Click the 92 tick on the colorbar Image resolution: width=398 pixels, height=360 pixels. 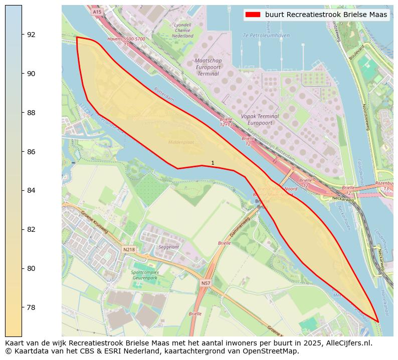click(22, 35)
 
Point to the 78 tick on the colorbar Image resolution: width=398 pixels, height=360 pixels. click(22, 307)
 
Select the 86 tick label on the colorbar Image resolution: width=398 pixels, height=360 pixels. click(31, 152)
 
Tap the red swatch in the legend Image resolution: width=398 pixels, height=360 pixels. click(253, 15)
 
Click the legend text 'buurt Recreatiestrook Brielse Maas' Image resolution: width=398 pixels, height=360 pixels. click(326, 15)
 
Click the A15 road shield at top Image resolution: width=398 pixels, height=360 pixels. click(97, 12)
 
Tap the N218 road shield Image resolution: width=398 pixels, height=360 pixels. click(129, 249)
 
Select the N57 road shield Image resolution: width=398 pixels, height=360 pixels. click(206, 283)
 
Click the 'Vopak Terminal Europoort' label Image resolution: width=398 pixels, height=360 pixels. click(260, 119)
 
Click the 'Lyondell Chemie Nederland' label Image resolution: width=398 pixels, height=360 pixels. click(182, 30)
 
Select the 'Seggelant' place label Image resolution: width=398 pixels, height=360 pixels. click(168, 247)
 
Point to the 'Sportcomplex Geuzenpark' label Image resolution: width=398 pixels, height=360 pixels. click(145, 275)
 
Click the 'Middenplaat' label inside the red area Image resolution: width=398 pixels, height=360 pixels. click(180, 142)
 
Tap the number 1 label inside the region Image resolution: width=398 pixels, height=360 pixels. click(213, 163)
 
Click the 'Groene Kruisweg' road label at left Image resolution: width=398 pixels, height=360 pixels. click(94, 222)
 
